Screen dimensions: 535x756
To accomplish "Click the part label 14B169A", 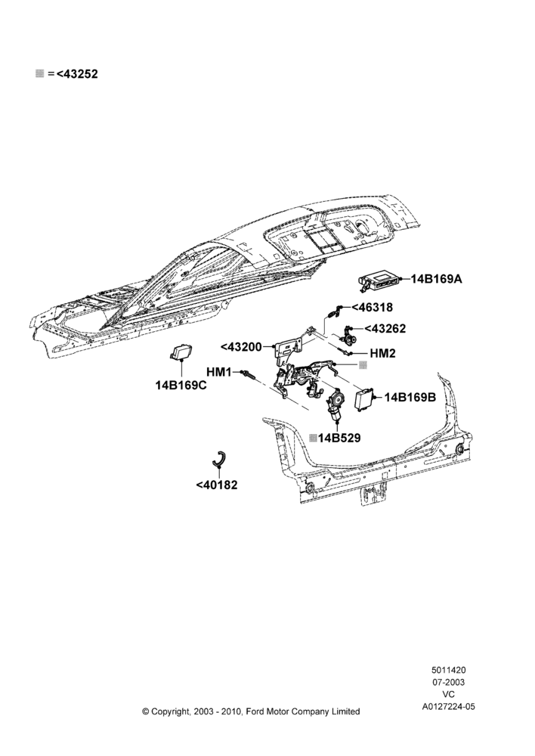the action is pos(436,279).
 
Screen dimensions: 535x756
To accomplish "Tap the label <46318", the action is pos(372,307).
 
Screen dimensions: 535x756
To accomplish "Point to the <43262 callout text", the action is pos(385,328).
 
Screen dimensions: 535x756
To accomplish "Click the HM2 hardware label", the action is pos(382,353).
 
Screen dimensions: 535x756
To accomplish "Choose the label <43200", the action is pos(241,347).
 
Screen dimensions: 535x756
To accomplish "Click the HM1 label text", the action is pos(219,372).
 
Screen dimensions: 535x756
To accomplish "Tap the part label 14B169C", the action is pos(181,386).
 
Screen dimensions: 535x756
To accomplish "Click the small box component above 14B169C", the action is pos(181,352).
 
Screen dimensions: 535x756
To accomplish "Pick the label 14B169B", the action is pos(410,398).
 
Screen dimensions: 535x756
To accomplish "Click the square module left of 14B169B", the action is pos(365,398).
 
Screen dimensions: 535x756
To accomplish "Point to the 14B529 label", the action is pos(339,438).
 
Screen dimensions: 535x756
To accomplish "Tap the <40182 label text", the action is pos(217,485).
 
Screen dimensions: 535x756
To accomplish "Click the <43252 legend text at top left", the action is pos(77,74).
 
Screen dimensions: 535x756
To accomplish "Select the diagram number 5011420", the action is pos(448,670).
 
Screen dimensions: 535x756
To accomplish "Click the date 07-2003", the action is pos(448,682).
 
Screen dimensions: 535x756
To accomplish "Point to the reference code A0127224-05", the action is pos(449,706).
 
